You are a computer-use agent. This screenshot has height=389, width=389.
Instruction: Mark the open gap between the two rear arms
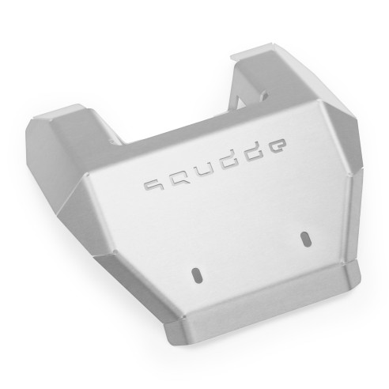pos(182,103)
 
